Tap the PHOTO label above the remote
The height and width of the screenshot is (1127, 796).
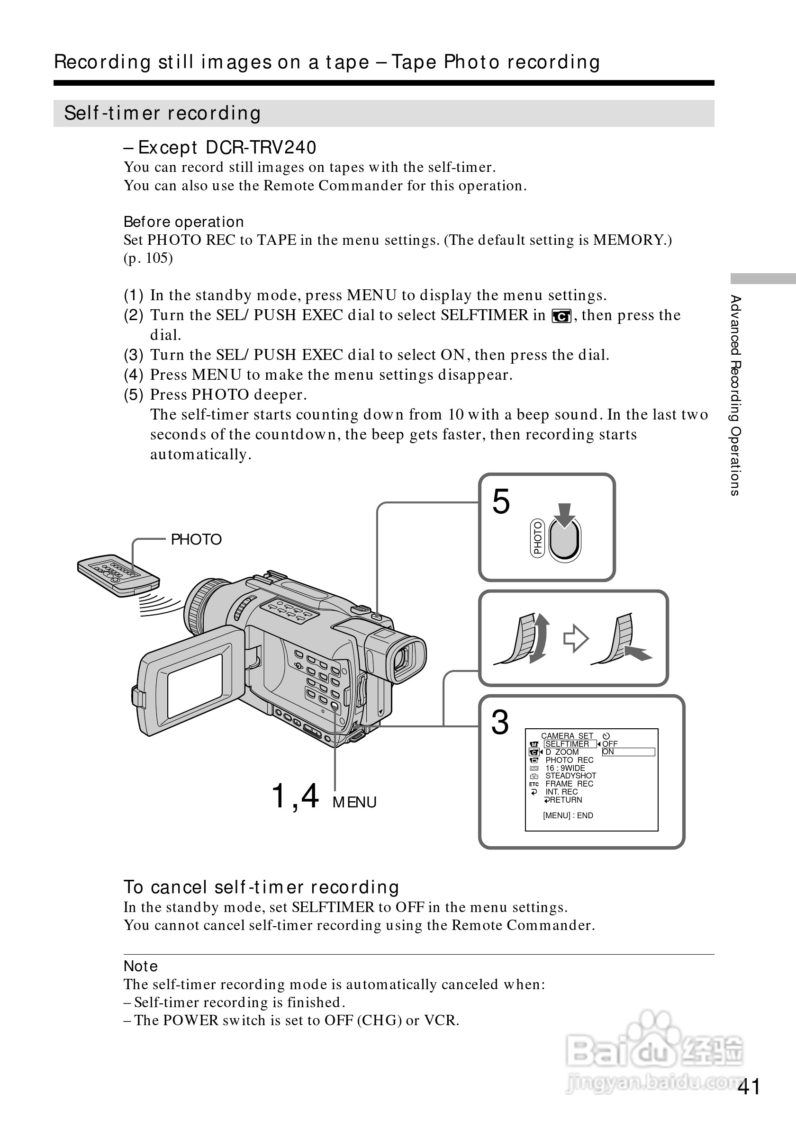pyautogui.click(x=196, y=539)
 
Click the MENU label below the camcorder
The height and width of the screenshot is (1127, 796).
pyautogui.click(x=354, y=802)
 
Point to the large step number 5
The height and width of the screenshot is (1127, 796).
pyautogui.click(x=501, y=502)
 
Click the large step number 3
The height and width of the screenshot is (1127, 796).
pyautogui.click(x=500, y=723)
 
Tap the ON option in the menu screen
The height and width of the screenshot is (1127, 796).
pyautogui.click(x=608, y=751)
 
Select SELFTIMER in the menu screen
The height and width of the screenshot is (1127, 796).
pyautogui.click(x=567, y=743)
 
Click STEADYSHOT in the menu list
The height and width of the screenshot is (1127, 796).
pyautogui.click(x=570, y=776)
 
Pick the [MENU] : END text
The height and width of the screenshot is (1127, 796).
pyautogui.click(x=568, y=815)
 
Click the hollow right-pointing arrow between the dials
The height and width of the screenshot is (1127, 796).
pyautogui.click(x=576, y=639)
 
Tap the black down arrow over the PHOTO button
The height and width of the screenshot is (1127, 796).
pyautogui.click(x=565, y=515)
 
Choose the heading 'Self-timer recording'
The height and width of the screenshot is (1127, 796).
pyautogui.click(x=163, y=113)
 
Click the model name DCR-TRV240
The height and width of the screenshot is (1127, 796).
pyautogui.click(x=261, y=147)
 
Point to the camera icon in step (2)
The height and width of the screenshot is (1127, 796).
pyautogui.click(x=561, y=317)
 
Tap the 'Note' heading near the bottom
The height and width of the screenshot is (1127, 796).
pyautogui.click(x=140, y=966)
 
